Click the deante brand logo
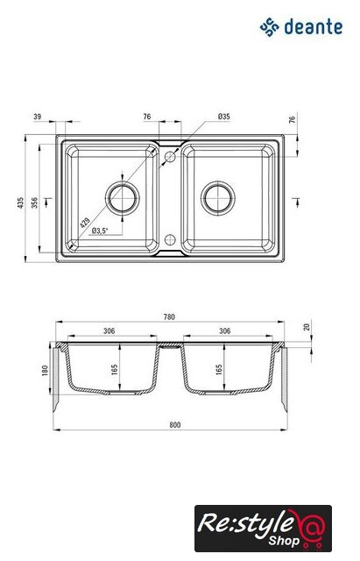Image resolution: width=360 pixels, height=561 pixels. (301, 27)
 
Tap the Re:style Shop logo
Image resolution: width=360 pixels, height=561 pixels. (263, 528)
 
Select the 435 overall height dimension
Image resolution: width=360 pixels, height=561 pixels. (20, 202)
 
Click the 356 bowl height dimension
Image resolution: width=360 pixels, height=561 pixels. (34, 202)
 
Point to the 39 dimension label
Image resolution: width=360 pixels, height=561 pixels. (38, 117)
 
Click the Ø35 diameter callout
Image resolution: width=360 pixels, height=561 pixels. (223, 117)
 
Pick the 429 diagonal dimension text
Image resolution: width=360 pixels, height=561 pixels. (85, 223)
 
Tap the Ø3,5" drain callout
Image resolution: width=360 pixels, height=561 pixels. (100, 231)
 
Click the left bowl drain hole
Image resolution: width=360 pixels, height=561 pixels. (123, 198)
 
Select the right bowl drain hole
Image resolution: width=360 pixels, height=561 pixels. (218, 198)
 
